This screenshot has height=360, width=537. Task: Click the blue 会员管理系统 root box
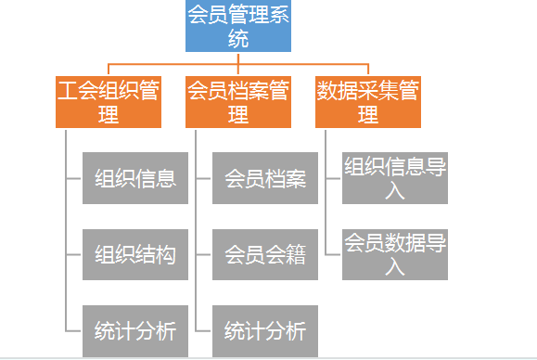coord(238,25)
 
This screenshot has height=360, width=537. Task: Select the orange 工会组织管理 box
coord(109,101)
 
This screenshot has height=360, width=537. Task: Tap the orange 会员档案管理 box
coord(238,101)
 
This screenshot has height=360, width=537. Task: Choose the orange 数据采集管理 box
coord(368,101)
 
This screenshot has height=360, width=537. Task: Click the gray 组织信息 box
coord(135,178)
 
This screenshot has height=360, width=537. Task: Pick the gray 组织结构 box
coord(135,254)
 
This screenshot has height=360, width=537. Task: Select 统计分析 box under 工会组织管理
coord(135,330)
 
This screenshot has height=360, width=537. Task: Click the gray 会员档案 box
coord(265,178)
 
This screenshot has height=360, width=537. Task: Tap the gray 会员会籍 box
coord(265,254)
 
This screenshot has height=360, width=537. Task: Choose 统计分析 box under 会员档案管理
coord(265,330)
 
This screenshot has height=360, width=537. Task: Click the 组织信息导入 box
coord(395,178)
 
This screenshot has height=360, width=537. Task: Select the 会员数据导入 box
coord(395,254)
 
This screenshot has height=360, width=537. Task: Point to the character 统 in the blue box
coord(238,39)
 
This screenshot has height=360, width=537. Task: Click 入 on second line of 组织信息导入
coord(395,191)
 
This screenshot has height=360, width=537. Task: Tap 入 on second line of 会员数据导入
coord(395,267)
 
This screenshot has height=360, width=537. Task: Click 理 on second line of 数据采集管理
coord(368,115)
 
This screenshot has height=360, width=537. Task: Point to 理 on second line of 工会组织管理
coord(109,115)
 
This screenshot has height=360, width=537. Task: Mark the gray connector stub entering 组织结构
coord(74,254)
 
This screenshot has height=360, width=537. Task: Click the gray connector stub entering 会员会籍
coord(204,254)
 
